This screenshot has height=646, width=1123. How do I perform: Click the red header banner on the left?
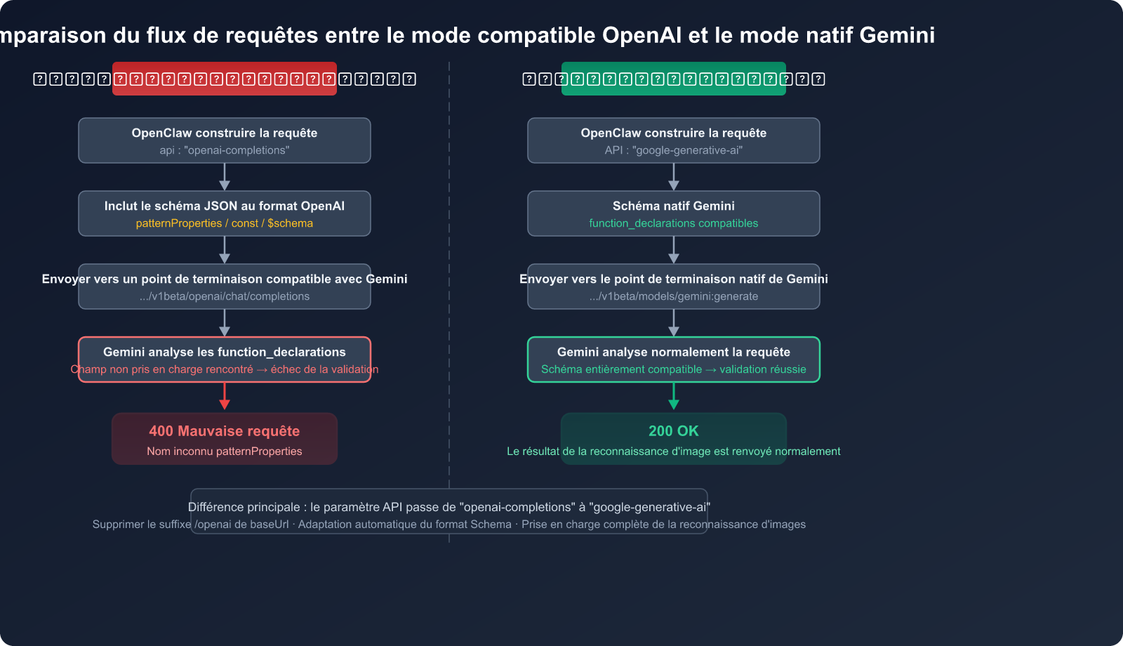(x=225, y=79)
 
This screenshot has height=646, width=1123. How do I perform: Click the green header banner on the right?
(x=674, y=79)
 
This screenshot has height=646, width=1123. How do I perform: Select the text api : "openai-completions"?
(x=225, y=150)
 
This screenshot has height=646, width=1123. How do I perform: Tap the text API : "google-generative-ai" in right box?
(x=674, y=150)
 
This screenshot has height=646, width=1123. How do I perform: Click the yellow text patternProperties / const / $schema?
(x=225, y=223)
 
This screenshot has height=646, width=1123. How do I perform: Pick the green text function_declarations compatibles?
(x=674, y=223)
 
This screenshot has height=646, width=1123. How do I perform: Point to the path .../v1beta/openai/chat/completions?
(x=225, y=296)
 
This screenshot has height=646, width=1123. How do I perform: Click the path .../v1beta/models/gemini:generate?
(x=674, y=296)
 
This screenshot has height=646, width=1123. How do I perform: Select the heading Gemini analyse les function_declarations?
(x=225, y=352)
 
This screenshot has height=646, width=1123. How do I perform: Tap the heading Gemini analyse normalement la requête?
(x=674, y=352)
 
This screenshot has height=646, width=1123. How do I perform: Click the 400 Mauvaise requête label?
(x=225, y=431)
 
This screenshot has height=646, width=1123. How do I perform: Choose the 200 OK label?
(x=674, y=431)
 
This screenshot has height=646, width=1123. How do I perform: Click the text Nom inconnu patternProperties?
(x=225, y=451)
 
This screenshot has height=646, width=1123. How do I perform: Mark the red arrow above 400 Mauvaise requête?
(x=225, y=397)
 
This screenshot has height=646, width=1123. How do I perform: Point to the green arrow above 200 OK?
(x=674, y=397)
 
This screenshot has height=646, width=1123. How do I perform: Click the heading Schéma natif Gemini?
(x=674, y=206)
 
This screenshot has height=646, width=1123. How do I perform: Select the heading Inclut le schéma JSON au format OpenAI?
(x=225, y=206)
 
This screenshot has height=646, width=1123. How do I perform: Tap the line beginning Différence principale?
(x=449, y=507)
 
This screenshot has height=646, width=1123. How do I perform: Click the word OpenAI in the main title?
(x=642, y=35)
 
